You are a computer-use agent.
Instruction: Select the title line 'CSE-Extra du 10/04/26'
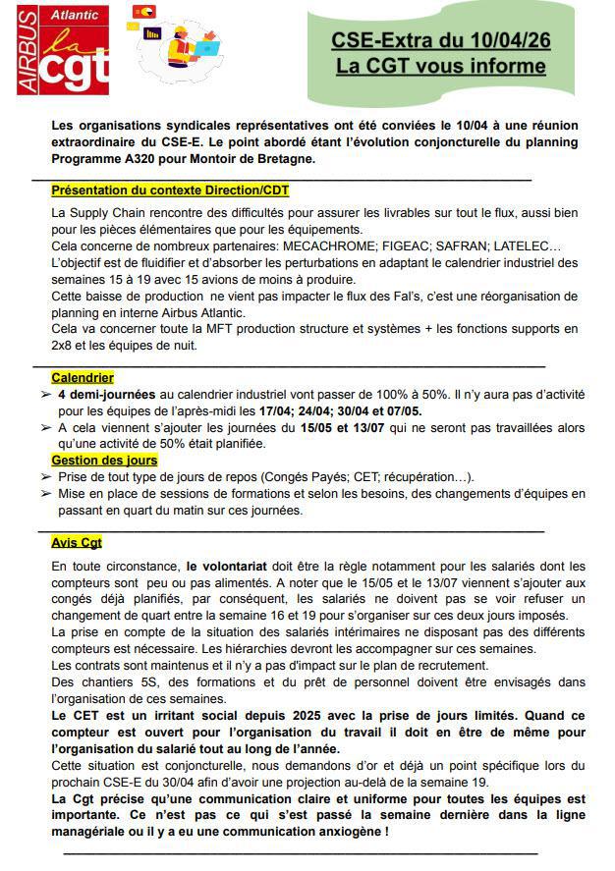pos(439,40)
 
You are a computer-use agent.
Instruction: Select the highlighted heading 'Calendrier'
pos(83,377)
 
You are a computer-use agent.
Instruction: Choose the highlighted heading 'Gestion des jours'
pos(104,460)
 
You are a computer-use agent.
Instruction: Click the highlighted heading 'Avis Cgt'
pos(77,542)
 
